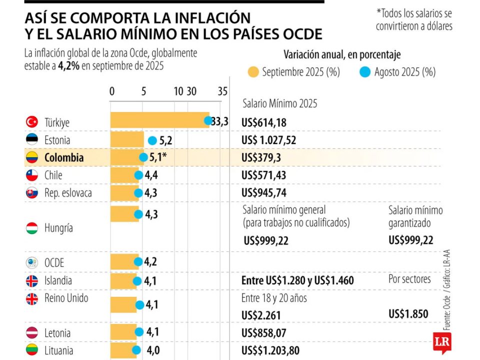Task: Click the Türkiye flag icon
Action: pyautogui.click(x=32, y=122)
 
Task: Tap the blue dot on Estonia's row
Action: pyautogui.click(x=152, y=140)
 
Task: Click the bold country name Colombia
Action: pyautogui.click(x=63, y=157)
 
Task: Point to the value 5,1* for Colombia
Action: pyautogui.click(x=157, y=157)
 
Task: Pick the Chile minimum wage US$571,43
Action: pyautogui.click(x=263, y=175)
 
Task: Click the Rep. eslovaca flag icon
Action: pyautogui.click(x=32, y=193)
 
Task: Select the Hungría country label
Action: pyautogui.click(x=58, y=228)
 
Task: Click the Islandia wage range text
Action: pyautogui.click(x=297, y=281)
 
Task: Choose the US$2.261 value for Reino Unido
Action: pyautogui.click(x=261, y=315)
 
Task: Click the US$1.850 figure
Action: pyautogui.click(x=408, y=314)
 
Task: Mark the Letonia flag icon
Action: pyautogui.click(x=32, y=333)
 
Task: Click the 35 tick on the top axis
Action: pyautogui.click(x=222, y=91)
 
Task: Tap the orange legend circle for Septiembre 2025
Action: pyautogui.click(x=253, y=72)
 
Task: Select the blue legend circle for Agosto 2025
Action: pyautogui.click(x=365, y=72)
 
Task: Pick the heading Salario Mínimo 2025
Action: pyautogui.click(x=279, y=104)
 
